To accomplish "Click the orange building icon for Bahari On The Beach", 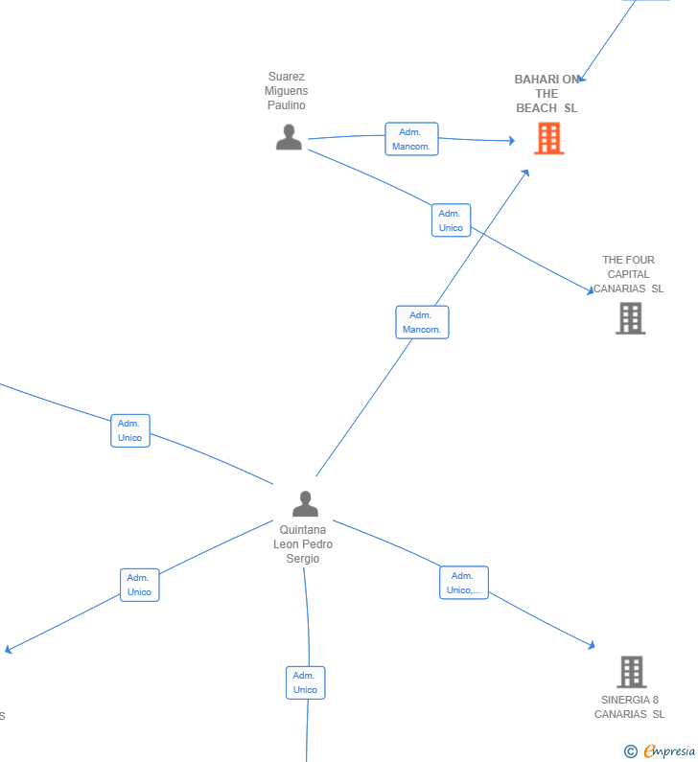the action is click(548, 138).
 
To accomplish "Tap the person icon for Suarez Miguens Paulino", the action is click(289, 137).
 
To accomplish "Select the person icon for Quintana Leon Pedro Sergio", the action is click(305, 504).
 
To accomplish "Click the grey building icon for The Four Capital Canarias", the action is click(631, 318).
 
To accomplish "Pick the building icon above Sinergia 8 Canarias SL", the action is click(632, 672).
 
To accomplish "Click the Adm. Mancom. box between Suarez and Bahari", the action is click(411, 139).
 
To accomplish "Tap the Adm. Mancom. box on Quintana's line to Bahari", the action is click(423, 322).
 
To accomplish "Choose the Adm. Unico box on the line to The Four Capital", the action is click(451, 220).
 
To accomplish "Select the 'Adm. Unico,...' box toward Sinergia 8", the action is click(464, 583).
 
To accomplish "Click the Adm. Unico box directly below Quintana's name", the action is click(305, 682).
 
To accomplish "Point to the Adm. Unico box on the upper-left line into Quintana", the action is click(130, 430).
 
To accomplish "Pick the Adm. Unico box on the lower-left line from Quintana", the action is click(139, 585).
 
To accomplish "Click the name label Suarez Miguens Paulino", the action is click(287, 91).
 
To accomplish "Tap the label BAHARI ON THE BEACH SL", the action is click(547, 93).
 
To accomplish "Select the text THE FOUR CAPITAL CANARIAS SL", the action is click(629, 274).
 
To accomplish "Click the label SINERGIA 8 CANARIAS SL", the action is click(630, 707).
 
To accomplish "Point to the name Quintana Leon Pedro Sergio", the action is click(303, 543).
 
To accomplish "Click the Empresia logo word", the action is click(669, 751).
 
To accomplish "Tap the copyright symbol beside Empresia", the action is click(631, 751).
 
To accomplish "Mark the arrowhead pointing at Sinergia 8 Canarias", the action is click(591, 645).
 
